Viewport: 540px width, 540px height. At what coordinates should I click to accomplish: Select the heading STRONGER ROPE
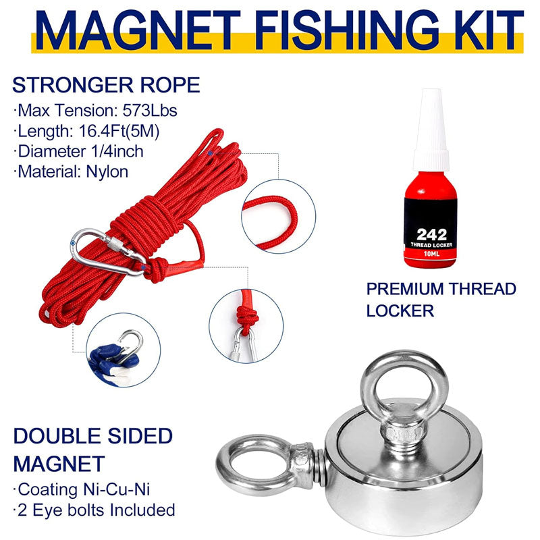click(106, 86)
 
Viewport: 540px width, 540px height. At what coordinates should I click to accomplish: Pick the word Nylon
click(107, 171)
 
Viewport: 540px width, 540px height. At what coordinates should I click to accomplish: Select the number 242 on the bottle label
click(432, 235)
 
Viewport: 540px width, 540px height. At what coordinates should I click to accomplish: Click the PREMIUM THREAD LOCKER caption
click(441, 300)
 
